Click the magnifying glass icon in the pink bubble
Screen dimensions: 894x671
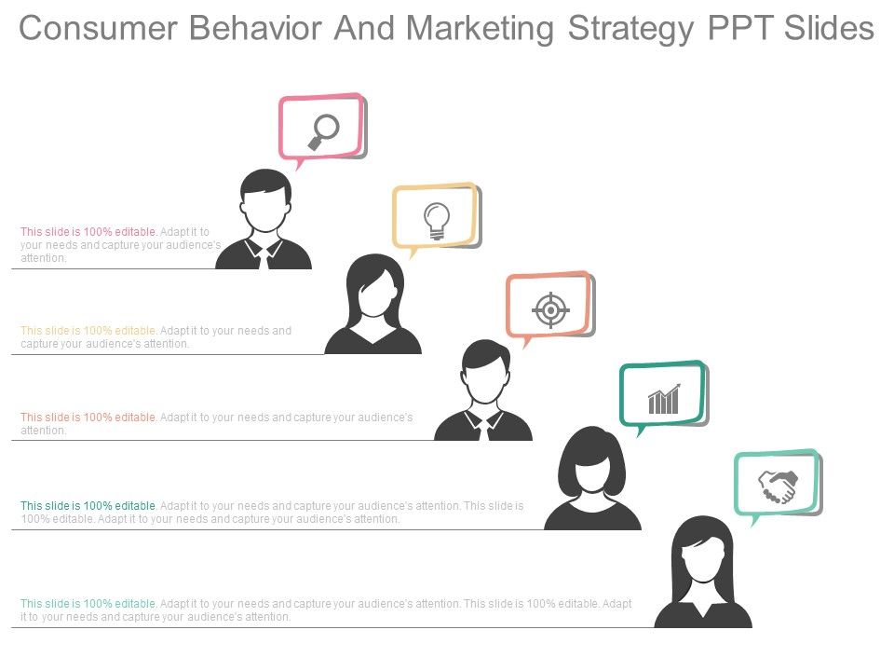click(323, 132)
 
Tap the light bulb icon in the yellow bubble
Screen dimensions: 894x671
click(437, 221)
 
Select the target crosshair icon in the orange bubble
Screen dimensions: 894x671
click(550, 310)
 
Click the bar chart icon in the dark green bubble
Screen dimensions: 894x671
click(664, 399)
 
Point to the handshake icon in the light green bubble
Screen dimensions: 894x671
click(779, 486)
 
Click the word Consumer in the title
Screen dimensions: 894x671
click(98, 28)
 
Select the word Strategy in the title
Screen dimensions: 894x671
click(631, 30)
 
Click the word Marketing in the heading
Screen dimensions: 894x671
click(480, 30)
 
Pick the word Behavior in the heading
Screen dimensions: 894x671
click(255, 28)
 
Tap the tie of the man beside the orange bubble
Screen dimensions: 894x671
click(484, 429)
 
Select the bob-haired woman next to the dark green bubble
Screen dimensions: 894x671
click(592, 478)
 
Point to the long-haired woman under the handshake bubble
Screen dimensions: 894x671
click(703, 571)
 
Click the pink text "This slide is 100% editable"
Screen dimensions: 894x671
click(88, 232)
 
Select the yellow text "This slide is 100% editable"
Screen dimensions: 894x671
click(88, 330)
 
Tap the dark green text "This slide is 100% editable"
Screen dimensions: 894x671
click(88, 505)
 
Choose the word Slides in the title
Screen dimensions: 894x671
click(829, 28)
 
